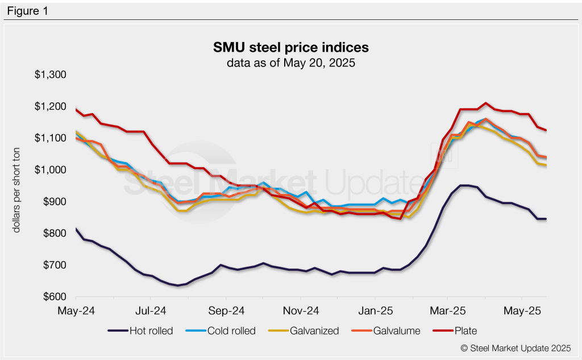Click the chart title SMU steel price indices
click(290, 47)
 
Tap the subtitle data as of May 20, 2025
click(290, 63)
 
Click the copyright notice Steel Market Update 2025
click(515, 347)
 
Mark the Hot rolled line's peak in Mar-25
click(465, 185)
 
